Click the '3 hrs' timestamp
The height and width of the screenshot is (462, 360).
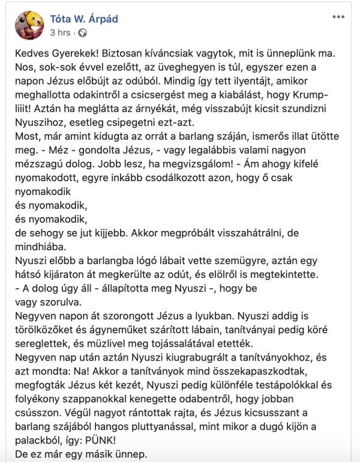tap(61, 32)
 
